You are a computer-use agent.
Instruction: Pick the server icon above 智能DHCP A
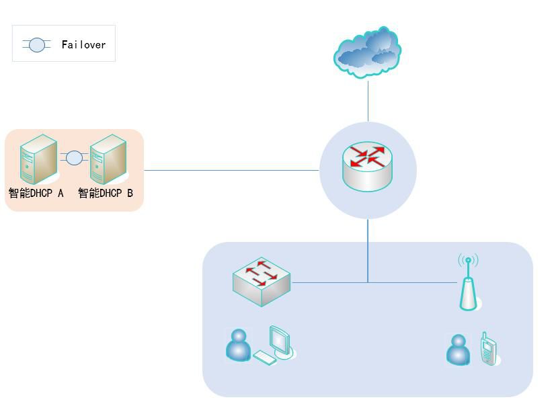38,159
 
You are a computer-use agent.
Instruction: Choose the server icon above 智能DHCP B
108,159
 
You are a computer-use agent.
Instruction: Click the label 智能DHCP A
36,194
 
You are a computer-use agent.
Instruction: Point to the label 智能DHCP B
106,194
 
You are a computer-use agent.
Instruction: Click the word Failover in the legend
83,45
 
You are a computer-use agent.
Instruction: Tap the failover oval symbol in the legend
37,45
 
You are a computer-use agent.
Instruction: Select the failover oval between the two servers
74,159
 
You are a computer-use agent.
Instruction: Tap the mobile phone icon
488,350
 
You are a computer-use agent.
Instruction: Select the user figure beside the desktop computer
237,345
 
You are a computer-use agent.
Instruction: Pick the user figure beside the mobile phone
459,350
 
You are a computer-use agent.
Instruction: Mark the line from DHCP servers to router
232,170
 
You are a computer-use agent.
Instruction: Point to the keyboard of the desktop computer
264,358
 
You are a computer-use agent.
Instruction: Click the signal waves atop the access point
468,259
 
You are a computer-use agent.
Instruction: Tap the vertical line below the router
368,249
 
